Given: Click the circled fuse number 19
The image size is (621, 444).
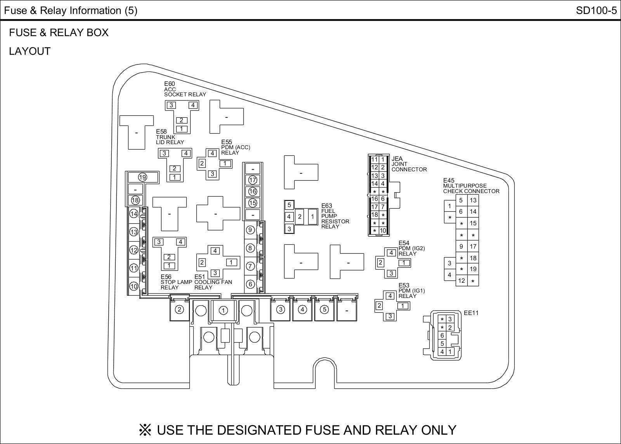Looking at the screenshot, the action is (x=142, y=178).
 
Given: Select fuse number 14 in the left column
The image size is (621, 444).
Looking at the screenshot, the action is (x=134, y=214).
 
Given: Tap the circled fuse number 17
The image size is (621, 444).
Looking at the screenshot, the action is (x=253, y=180).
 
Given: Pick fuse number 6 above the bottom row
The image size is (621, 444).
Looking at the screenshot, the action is (x=250, y=284).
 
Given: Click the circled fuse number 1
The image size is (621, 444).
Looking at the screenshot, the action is (x=223, y=310).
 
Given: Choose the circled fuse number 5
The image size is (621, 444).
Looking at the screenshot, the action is (x=324, y=310).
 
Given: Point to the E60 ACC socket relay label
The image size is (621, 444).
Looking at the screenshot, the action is (x=185, y=89).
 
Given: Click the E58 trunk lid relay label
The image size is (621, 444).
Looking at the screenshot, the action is (x=170, y=137).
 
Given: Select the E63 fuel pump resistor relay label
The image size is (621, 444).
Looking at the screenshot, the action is (x=335, y=216).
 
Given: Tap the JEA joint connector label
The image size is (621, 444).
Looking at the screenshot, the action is (x=409, y=164).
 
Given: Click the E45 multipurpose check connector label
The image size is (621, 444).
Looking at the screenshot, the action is (x=471, y=186).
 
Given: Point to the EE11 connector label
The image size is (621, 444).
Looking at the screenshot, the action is (x=471, y=313).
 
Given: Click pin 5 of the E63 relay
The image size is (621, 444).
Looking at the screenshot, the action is (x=289, y=205).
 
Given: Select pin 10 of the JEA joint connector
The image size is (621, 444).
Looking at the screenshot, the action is (x=383, y=231).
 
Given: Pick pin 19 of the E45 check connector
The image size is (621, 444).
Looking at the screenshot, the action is (x=473, y=269).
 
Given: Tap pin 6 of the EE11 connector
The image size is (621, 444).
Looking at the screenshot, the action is (x=442, y=336).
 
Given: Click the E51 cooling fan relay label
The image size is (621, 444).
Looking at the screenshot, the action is (x=213, y=282).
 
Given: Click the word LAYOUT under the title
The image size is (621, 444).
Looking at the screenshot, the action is (x=30, y=51).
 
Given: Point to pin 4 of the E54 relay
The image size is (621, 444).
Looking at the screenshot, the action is (x=391, y=253).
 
